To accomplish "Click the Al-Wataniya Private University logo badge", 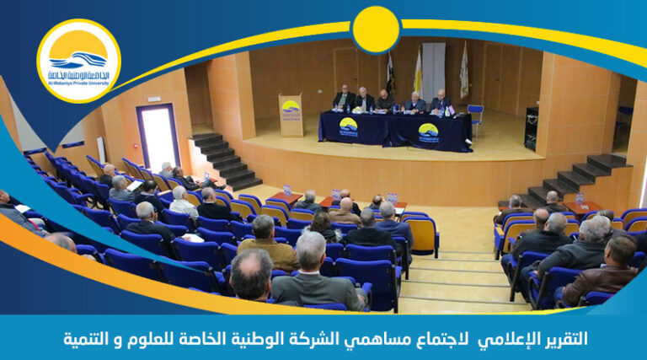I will coord(78,61).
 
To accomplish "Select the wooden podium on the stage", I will coord(291,116).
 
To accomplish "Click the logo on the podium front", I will coord(291,108).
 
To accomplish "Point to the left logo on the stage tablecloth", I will coord(348,126).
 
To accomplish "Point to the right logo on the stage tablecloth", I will coord(428,132).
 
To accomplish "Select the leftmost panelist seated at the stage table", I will coord(343,99).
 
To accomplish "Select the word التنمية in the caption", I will coord(90,339).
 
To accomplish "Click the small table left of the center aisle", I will coord(284,199).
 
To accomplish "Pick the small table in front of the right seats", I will coord(582,207).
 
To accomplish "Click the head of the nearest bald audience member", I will coord(251,274).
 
